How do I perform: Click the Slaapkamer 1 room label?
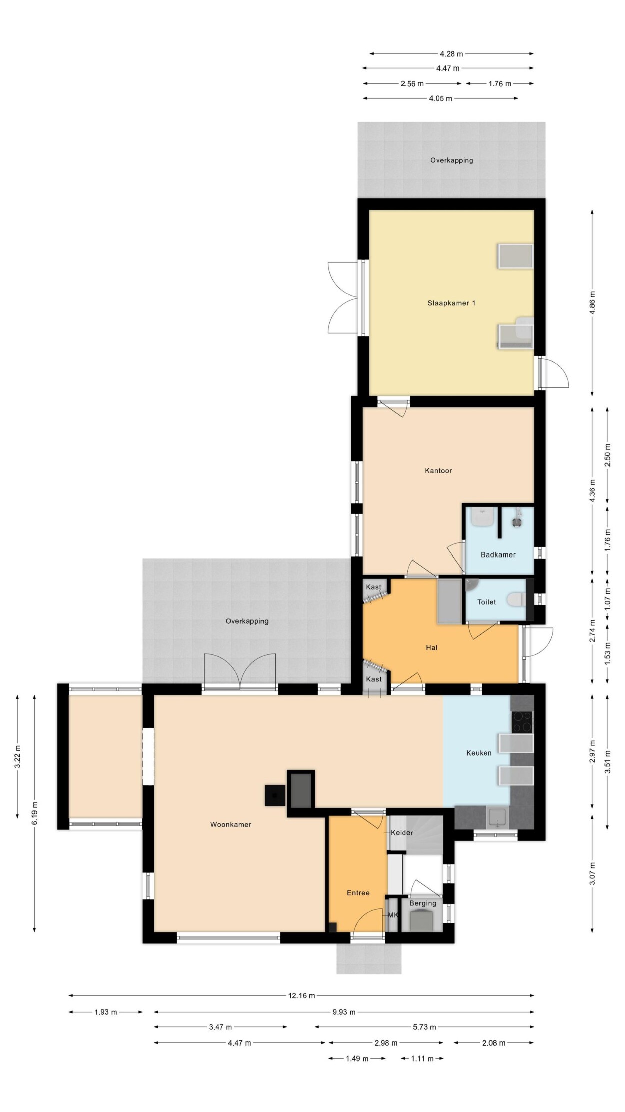point(451,303)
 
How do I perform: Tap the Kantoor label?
point(438,470)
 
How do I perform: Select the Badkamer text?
point(498,554)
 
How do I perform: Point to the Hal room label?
point(431,647)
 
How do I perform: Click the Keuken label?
point(479,753)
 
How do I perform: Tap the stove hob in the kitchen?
point(522,721)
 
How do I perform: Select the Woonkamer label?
point(231,824)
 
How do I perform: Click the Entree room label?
point(358,893)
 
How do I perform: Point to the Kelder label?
point(402,833)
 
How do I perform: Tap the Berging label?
point(423,903)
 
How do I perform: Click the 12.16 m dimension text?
point(301,996)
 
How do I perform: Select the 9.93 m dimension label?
point(344,1012)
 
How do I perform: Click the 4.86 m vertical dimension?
point(592,303)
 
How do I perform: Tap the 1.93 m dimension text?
point(105,1012)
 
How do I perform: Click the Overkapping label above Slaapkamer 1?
point(451,160)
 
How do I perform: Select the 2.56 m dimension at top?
point(412,84)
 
